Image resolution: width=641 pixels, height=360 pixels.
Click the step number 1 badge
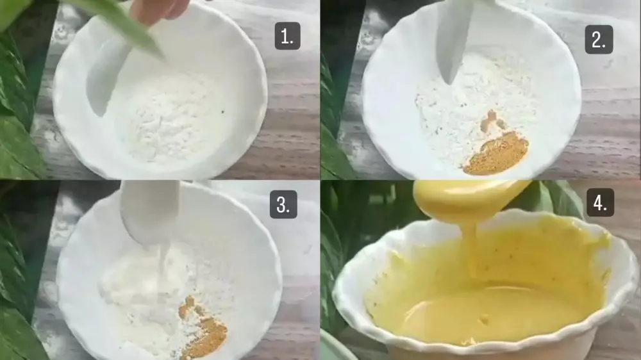pyautogui.click(x=287, y=36)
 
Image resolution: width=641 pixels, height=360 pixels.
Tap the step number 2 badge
pyautogui.click(x=599, y=40)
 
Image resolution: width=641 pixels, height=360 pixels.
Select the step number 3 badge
pyautogui.click(x=283, y=204)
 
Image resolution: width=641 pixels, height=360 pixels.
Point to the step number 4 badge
pyautogui.click(x=600, y=202)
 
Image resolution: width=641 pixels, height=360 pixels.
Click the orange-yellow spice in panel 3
pyautogui.click(x=203, y=327)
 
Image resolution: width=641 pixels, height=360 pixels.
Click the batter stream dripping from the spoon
pyautogui.click(x=470, y=249)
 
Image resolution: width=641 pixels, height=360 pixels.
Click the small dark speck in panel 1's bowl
pyautogui.click(x=223, y=111)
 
